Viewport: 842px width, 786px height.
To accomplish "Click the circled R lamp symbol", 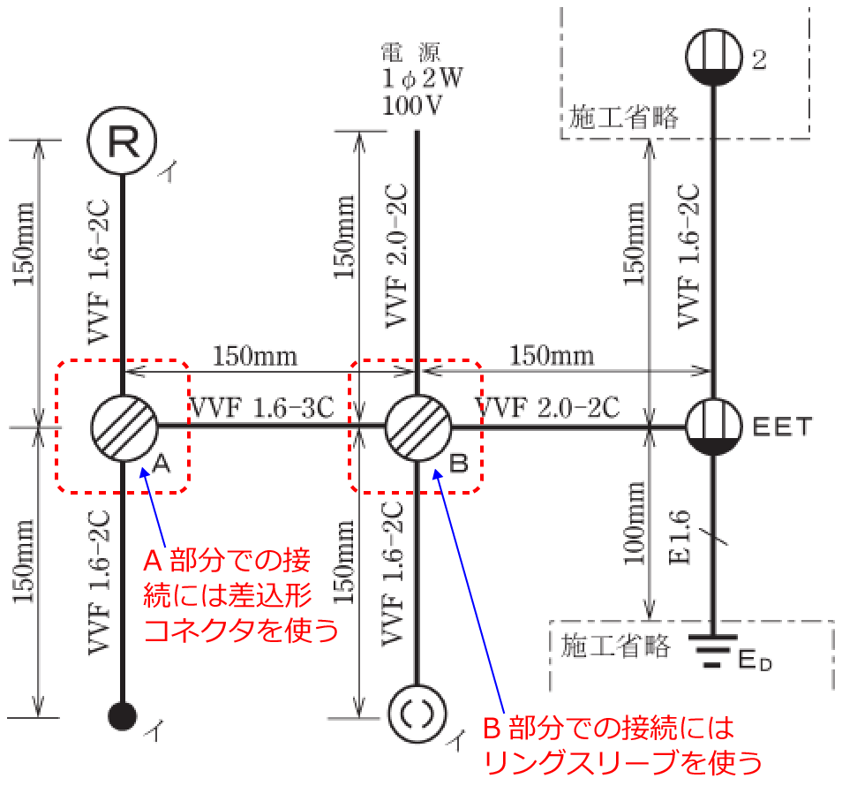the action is tap(123, 140).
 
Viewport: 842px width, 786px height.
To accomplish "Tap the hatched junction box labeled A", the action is tap(124, 427).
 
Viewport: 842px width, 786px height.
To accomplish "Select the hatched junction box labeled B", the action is tap(418, 427).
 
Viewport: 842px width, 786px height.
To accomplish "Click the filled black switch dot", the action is tap(123, 716).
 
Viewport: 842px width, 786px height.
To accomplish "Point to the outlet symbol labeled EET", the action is tap(714, 427).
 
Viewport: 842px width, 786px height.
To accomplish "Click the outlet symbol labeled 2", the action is tap(714, 57).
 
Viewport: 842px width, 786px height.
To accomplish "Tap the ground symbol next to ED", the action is tap(712, 651).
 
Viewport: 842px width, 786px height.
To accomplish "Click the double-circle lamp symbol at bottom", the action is tap(417, 714).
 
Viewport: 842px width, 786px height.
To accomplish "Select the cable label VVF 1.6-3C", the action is tap(263, 407).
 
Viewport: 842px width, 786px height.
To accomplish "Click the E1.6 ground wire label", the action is tap(680, 537).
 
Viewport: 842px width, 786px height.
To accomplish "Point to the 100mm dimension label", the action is tap(634, 523).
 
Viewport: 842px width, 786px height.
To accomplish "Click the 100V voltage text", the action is tap(412, 105).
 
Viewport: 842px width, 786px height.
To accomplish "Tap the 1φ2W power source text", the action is tap(422, 79).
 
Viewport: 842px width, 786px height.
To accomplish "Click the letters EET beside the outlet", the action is tap(782, 427).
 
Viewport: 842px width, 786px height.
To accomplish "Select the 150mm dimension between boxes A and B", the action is tap(255, 356).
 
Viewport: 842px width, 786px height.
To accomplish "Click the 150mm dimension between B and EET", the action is tap(552, 356).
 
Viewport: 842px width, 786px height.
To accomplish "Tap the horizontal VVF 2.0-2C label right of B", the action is tap(547, 407).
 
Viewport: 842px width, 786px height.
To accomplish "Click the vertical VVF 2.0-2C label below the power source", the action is tap(397, 256).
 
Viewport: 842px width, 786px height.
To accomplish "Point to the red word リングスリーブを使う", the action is tap(623, 762).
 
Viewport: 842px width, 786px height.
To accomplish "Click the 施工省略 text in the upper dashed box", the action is tap(623, 117).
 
